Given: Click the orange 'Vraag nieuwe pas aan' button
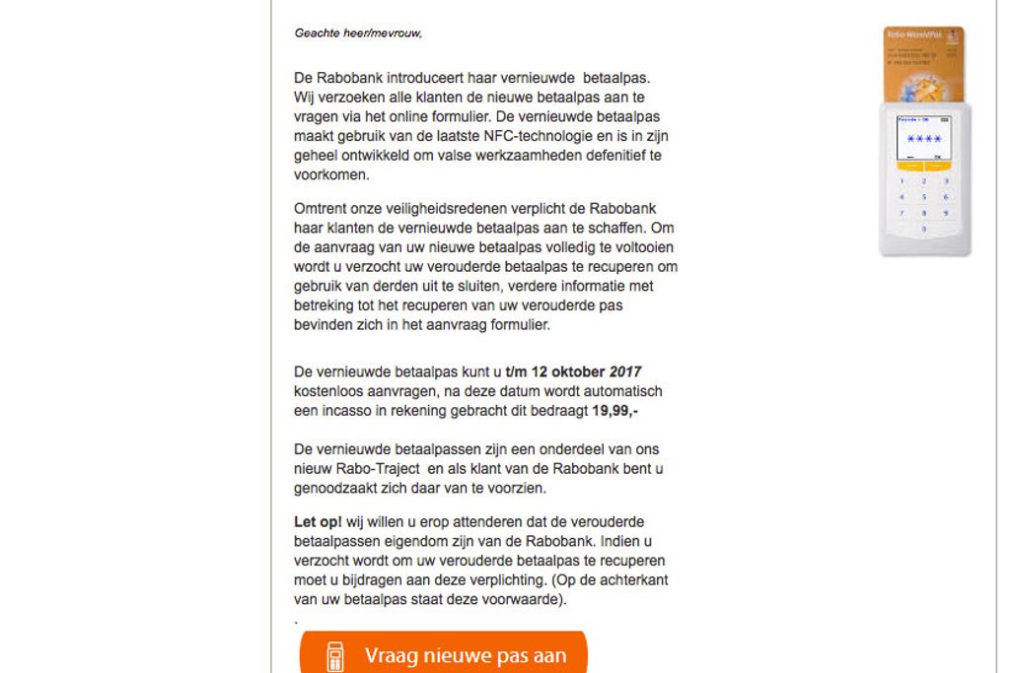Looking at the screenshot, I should (444, 654).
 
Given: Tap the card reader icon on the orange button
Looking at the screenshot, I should (335, 656).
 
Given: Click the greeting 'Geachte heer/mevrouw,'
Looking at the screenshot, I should (358, 33).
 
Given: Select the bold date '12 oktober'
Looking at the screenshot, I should (568, 372).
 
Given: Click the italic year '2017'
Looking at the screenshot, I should (625, 372).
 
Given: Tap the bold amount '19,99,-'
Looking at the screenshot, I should (615, 410).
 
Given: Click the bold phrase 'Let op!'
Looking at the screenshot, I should (318, 521).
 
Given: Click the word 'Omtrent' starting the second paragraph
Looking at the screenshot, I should (320, 208).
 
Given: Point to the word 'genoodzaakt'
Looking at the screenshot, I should (336, 487).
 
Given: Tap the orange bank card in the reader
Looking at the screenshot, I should (923, 63).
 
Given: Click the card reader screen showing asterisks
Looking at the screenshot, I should (924, 138).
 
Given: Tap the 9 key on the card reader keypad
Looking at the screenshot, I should (946, 213).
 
